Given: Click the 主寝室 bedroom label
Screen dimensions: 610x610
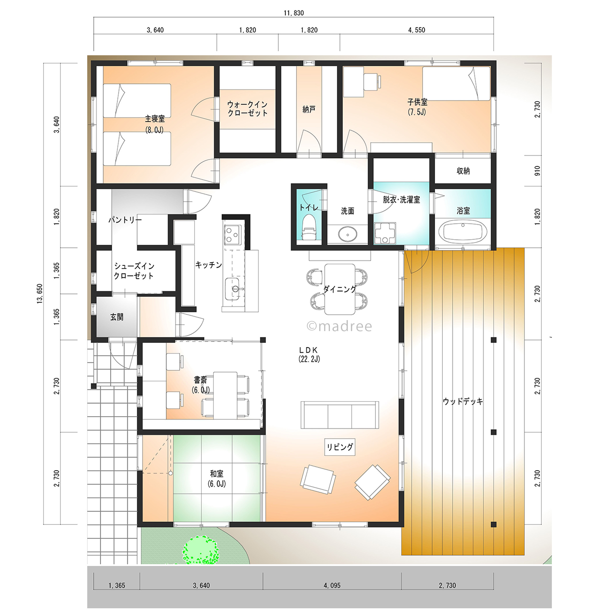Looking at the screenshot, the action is click(155, 119).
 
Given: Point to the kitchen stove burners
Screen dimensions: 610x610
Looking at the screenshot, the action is click(233, 234).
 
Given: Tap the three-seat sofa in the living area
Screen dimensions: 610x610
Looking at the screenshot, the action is click(340, 415).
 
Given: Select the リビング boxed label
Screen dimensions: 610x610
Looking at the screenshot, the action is click(340, 447).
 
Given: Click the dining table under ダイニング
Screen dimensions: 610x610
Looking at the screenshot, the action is click(340, 289).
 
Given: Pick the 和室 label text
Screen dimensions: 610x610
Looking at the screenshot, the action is click(216, 474).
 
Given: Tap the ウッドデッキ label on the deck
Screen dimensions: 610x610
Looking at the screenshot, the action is click(463, 401).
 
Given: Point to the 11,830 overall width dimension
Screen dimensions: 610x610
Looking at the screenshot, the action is click(294, 13).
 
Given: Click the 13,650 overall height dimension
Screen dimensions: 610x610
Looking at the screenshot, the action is click(40, 294).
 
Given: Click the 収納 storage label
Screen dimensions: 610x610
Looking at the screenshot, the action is click(463, 171).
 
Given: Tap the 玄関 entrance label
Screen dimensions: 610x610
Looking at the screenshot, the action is click(117, 317).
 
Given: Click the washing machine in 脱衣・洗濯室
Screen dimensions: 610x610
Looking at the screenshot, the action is click(385, 233).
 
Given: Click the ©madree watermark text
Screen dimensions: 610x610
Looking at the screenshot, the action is click(339, 326).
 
